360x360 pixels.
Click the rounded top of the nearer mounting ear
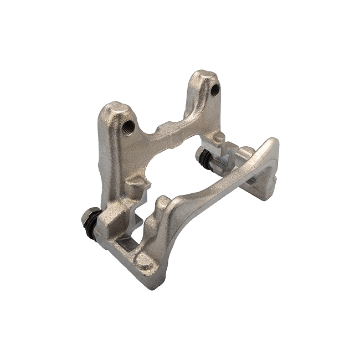tap(114, 108)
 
